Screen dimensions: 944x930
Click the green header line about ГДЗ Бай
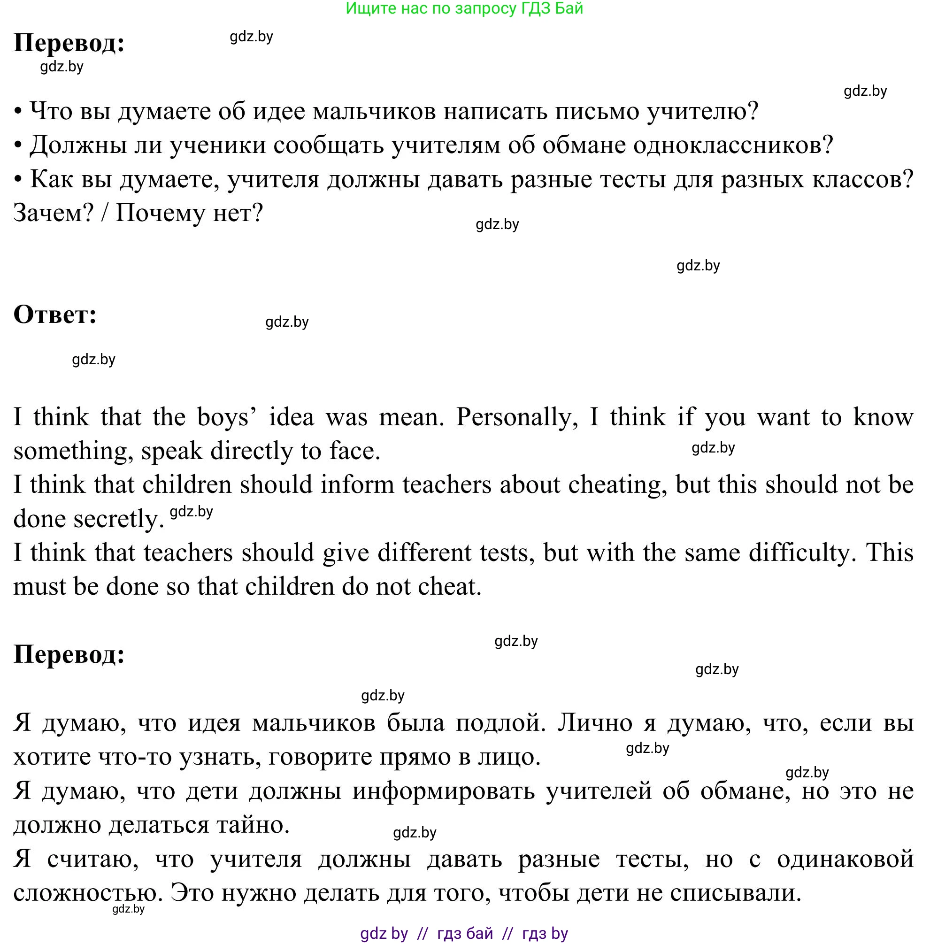(464, 8)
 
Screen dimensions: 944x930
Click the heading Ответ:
(55, 315)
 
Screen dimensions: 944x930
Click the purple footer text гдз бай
(464, 933)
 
